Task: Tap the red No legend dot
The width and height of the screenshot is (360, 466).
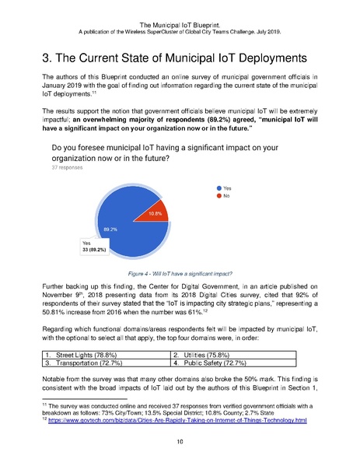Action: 220,196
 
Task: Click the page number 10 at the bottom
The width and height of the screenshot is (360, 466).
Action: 180,439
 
